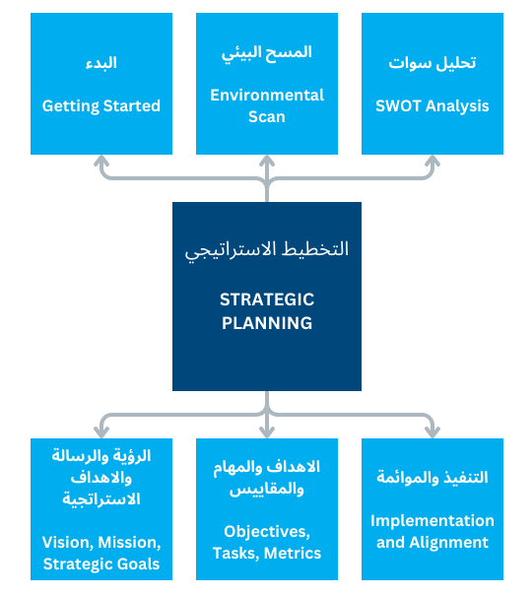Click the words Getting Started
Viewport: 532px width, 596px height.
(101, 106)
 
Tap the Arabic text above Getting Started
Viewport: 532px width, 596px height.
(101, 63)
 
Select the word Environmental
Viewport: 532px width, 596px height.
(267, 95)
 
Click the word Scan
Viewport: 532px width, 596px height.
(267, 116)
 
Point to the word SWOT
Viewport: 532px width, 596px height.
(398, 106)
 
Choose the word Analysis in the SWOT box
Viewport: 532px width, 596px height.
(457, 106)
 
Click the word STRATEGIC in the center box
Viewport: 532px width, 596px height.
(267, 299)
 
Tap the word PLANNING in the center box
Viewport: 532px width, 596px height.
(267, 323)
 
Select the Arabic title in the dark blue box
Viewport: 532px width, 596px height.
(267, 249)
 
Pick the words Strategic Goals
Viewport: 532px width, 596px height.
(101, 564)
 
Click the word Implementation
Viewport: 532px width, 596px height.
(432, 521)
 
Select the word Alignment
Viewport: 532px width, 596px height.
(449, 543)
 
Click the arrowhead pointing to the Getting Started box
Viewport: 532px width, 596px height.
(101, 161)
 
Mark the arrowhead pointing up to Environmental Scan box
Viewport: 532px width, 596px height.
(267, 161)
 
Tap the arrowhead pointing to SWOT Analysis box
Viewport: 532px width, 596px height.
(432, 161)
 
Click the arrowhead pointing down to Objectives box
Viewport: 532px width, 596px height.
(267, 432)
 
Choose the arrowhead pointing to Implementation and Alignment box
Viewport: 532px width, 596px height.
(432, 432)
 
